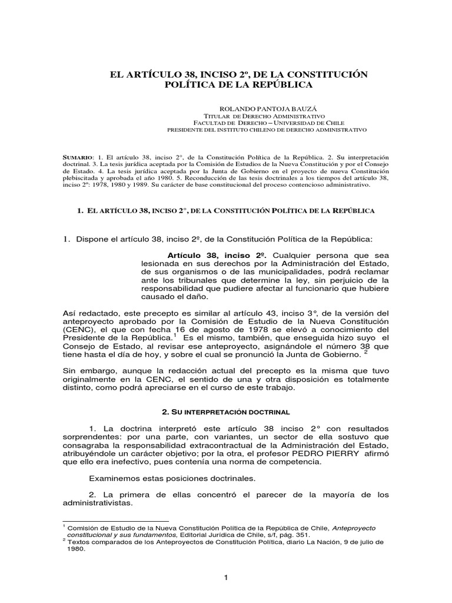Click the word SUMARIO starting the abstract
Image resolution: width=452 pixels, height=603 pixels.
(77, 158)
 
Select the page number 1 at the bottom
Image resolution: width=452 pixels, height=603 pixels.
(225, 578)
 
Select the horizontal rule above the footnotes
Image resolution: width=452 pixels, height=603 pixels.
(115, 520)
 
